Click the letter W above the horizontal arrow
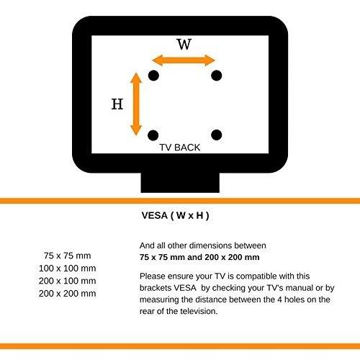tap(184, 44)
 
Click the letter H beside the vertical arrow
tap(117, 104)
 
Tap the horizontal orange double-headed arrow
tap(184, 60)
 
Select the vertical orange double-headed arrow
tap(136, 104)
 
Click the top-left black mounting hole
tap(153, 76)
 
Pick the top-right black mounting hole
tap(217, 76)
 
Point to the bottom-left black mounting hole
tap(153, 135)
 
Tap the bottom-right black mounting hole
tap(217, 135)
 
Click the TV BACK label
tap(180, 148)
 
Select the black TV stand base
tap(180, 182)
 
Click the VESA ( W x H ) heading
tap(175, 215)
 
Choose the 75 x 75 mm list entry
tap(68, 256)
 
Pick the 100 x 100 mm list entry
tap(68, 268)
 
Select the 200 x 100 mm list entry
tap(68, 281)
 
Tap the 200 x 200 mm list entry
tap(68, 293)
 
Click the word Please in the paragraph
tap(153, 276)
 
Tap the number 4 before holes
tap(279, 300)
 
